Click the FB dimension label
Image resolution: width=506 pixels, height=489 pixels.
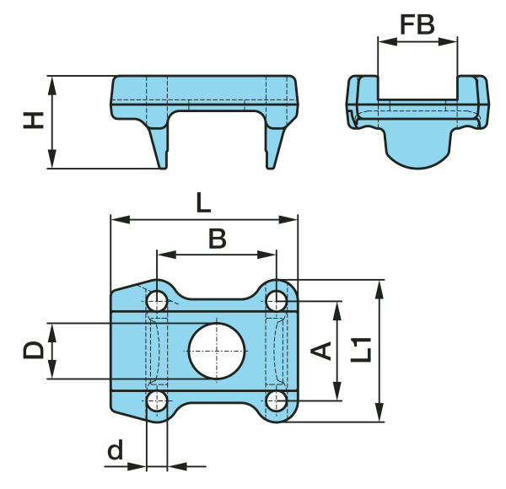coord(417,24)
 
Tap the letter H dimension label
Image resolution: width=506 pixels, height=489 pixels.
coord(34,121)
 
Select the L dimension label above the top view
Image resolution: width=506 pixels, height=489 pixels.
coord(203,204)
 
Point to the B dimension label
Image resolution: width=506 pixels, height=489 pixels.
coord(218,239)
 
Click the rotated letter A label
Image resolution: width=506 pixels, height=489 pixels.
coord(321,351)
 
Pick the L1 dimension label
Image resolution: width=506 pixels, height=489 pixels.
coord(361,350)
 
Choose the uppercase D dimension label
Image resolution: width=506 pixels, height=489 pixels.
coord(33,350)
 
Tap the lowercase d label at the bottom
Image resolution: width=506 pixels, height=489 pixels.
coord(116,449)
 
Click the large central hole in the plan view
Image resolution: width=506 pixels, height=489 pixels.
coord(217,351)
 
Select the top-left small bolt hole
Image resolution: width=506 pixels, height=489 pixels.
coord(157,301)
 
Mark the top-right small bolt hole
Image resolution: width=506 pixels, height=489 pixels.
coord(277,301)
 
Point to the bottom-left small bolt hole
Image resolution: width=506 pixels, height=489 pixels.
coord(157,401)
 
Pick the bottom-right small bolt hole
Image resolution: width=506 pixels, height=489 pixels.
coord(277,401)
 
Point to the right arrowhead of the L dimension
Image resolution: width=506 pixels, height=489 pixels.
coord(288,220)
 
